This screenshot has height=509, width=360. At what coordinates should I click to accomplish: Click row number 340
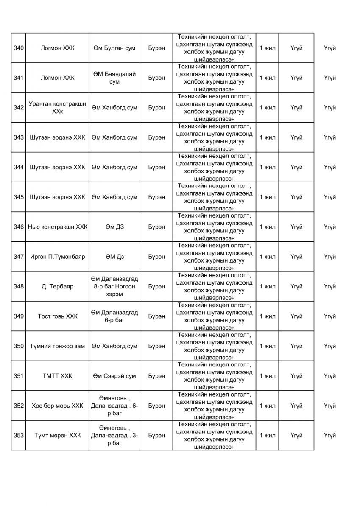tap(18, 48)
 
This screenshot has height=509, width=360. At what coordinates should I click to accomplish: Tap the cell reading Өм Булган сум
tap(114, 48)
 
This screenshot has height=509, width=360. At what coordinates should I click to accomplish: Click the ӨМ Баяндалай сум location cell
tap(114, 78)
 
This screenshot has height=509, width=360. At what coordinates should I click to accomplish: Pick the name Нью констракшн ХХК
tap(57, 227)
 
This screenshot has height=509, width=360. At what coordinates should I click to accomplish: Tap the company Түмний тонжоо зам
tap(57, 346)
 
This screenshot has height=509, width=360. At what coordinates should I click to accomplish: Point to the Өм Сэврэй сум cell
tap(114, 376)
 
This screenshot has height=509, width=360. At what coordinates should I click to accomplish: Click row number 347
tap(18, 257)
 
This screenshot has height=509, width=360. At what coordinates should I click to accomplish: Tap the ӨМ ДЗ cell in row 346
tap(114, 227)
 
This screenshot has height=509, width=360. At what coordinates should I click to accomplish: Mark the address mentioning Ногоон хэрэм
tap(114, 286)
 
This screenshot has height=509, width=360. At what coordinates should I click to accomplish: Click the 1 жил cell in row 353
tap(268, 435)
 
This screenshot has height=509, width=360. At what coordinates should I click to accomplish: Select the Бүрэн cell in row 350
tap(156, 346)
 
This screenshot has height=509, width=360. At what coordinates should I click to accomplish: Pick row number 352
tap(18, 406)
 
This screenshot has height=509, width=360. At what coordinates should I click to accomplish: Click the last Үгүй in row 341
tap(329, 78)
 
